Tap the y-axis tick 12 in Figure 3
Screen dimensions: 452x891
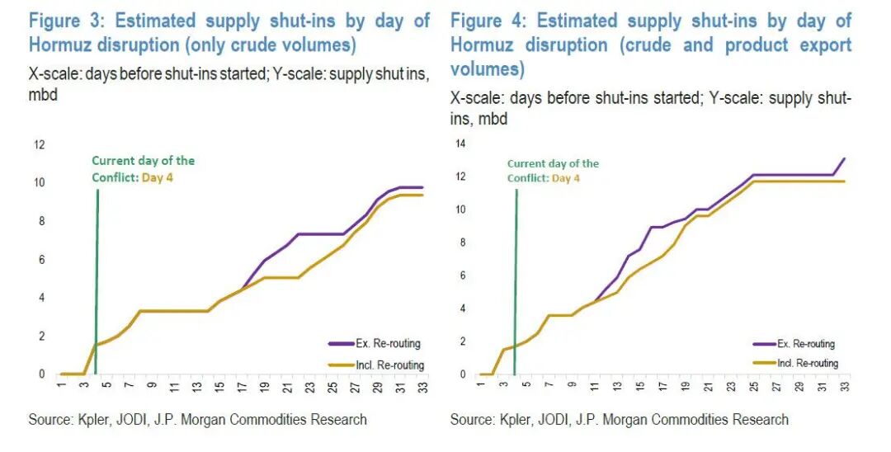pos(38,144)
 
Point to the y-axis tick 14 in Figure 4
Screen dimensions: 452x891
pos(460,144)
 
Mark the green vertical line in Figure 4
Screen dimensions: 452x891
pos(516,272)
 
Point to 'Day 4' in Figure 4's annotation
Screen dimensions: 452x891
pos(566,177)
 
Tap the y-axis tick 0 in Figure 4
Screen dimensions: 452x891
pos(463,374)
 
